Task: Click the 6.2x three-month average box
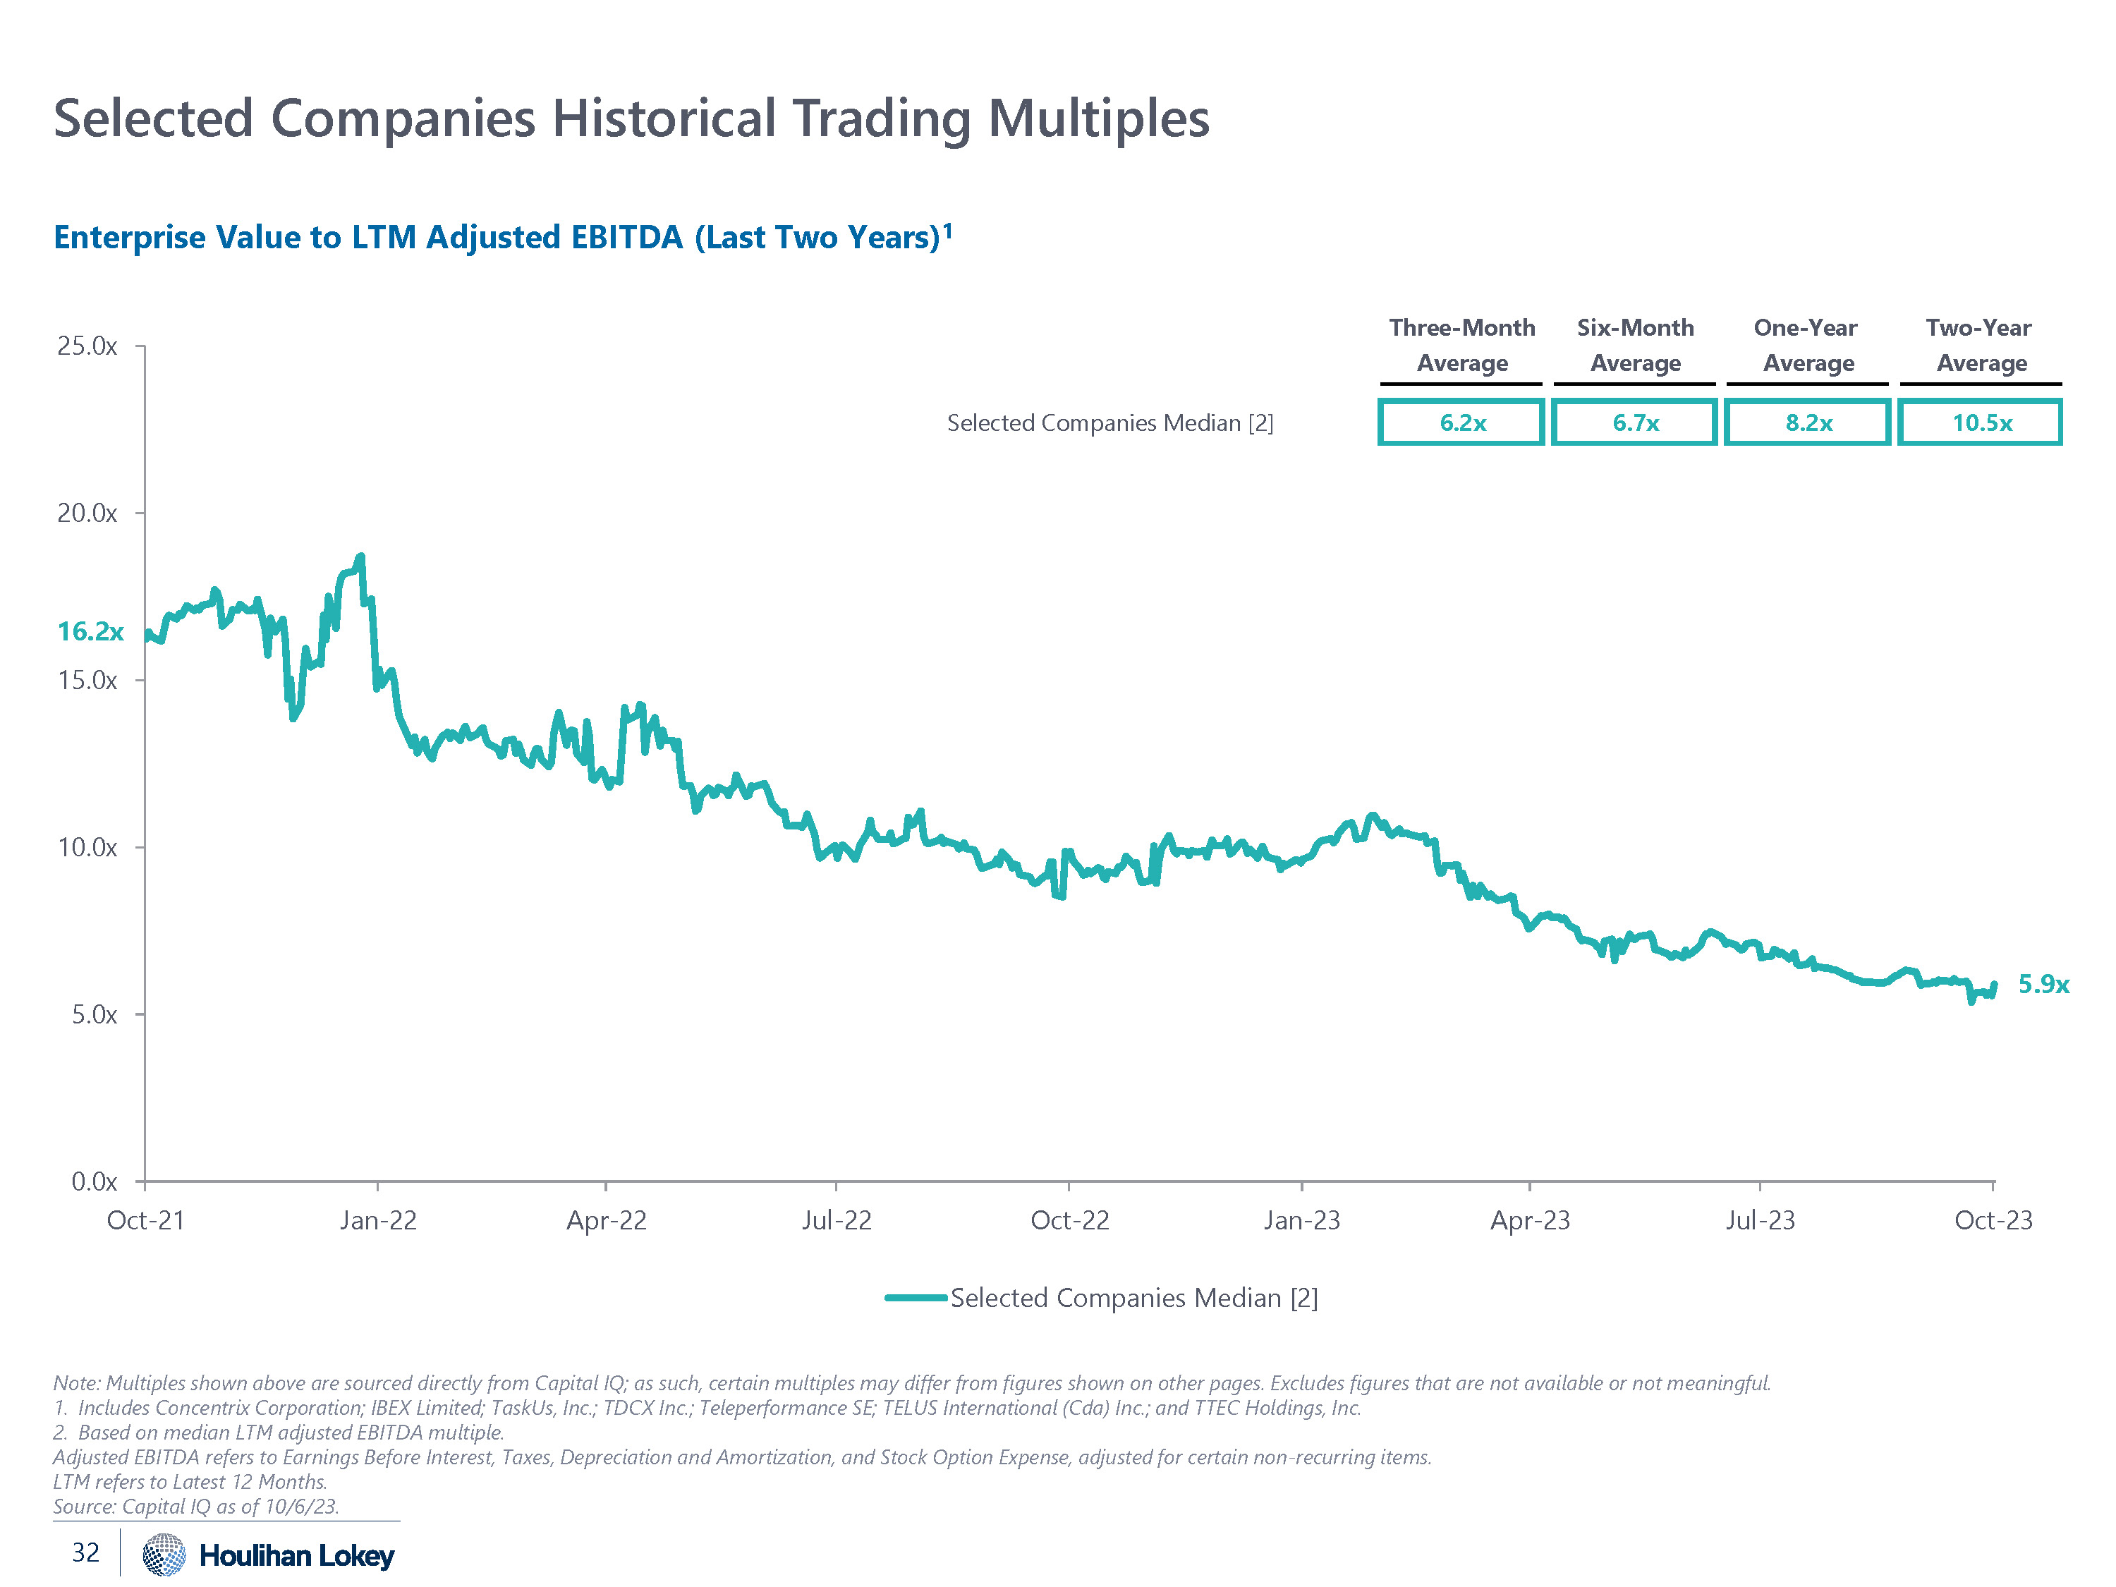1461,422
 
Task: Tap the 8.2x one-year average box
1808,422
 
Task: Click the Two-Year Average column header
1979,346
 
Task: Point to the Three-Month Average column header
1461,346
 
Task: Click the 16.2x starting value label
91,631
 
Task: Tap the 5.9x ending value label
2043,985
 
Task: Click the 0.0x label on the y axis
94,1181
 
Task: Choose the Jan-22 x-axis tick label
378,1221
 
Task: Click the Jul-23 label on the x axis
1760,1221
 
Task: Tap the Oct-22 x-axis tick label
1069,1221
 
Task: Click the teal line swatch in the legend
916,1298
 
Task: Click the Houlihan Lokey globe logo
164,1555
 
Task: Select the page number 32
86,1552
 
